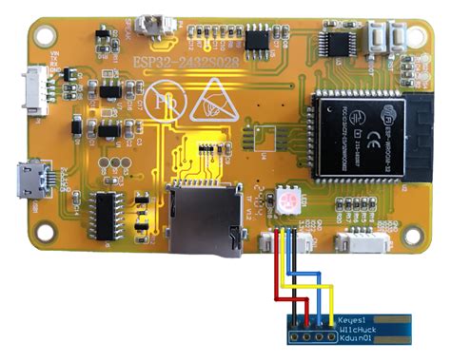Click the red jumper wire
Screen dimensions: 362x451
pyautogui.click(x=277, y=276)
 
